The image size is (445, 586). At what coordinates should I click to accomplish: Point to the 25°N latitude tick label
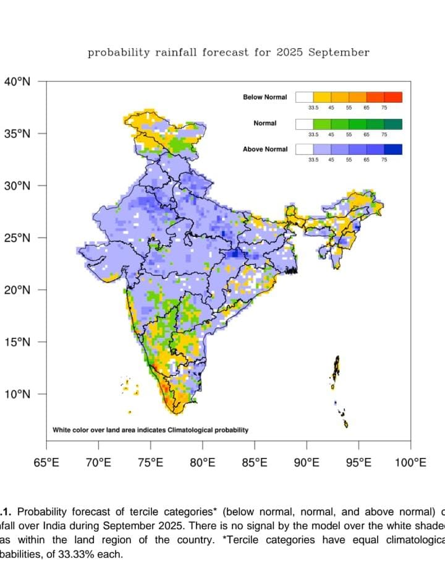[18, 238]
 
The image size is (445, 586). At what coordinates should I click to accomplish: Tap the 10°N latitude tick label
[18, 394]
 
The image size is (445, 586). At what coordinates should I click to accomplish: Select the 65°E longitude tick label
[46, 463]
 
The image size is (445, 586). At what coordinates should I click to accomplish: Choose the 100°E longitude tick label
[411, 463]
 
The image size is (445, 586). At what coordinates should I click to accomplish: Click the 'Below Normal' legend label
[265, 97]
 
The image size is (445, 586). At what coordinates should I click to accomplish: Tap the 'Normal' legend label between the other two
[265, 123]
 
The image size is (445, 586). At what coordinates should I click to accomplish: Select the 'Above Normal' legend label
[265, 149]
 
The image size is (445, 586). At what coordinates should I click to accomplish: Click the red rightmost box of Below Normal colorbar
[393, 97]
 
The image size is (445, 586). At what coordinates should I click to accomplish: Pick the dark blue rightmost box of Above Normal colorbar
[393, 149]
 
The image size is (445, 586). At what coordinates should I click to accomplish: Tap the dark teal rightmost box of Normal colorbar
[393, 123]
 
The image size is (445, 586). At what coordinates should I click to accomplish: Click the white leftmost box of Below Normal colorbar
[304, 97]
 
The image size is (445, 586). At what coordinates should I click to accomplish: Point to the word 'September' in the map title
[339, 53]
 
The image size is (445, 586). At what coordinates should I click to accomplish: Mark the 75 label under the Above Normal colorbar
[384, 160]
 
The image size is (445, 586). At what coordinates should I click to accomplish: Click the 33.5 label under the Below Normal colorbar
[313, 108]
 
